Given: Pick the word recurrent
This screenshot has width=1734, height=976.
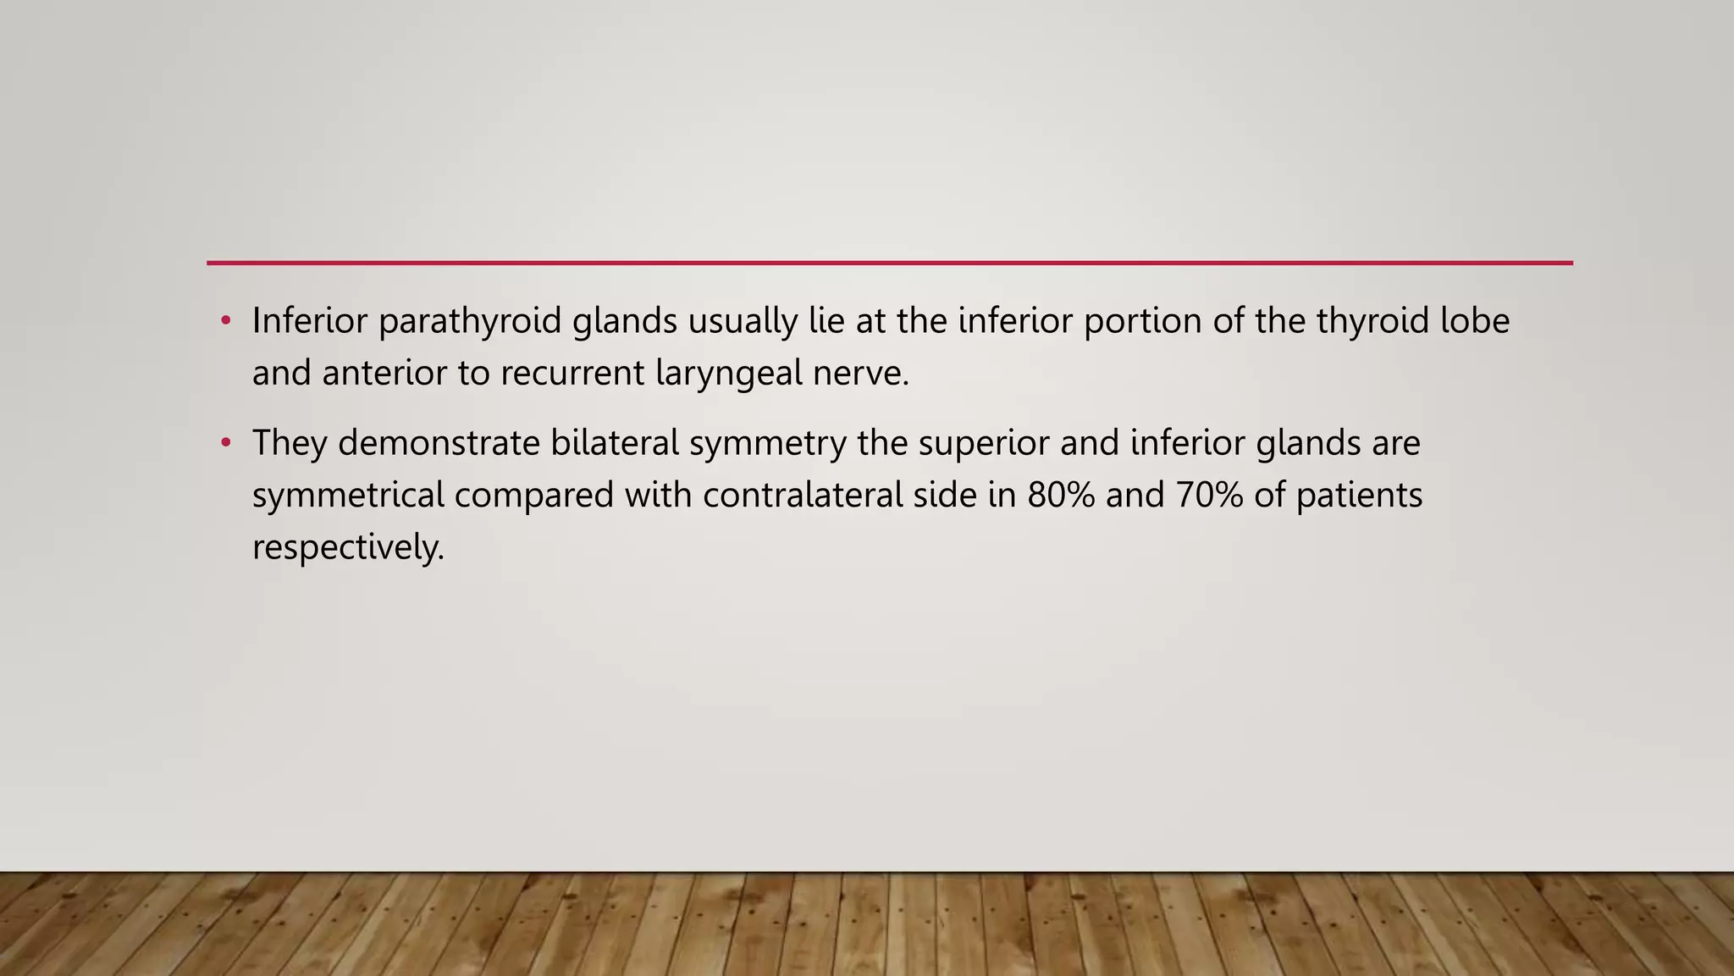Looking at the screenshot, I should click(x=572, y=373).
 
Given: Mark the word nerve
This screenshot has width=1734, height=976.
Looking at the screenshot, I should click(x=860, y=373).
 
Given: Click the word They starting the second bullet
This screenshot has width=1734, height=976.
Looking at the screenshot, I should click(x=290, y=443).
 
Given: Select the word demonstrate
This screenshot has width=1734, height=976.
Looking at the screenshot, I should click(x=439, y=443).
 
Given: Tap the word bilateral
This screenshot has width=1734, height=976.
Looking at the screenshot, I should click(x=615, y=443).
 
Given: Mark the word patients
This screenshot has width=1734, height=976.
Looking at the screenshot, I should click(x=1359, y=496).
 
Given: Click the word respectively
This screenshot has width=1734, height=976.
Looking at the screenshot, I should click(x=348, y=547).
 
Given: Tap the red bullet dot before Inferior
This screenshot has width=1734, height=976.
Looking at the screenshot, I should click(x=225, y=321).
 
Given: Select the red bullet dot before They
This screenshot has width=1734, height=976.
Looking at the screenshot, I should click(x=225, y=443).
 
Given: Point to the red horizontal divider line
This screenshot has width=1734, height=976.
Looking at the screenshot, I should click(x=889, y=263).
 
